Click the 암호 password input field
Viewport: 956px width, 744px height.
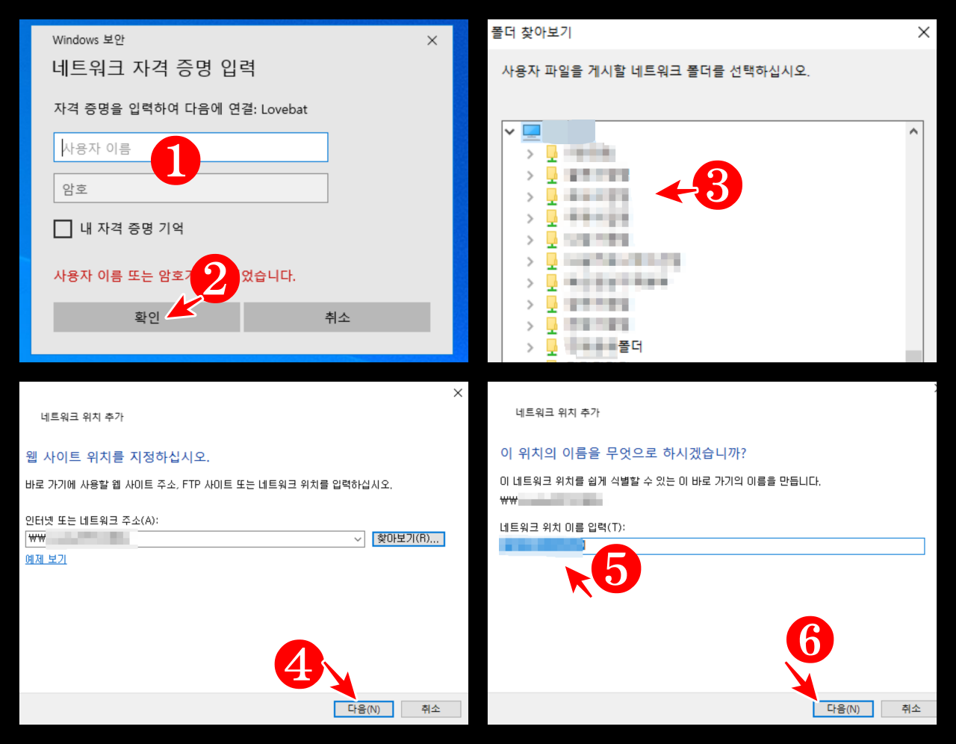(x=190, y=188)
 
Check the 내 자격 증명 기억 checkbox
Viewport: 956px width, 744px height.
(x=63, y=229)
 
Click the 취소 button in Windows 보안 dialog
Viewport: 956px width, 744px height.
(x=337, y=317)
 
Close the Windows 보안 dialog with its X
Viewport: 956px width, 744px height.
(x=432, y=40)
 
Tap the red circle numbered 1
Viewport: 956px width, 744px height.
(x=176, y=160)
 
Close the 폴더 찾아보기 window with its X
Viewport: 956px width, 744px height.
(x=923, y=32)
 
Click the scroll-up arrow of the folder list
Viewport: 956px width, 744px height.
(x=913, y=131)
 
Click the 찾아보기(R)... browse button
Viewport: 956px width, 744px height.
(x=409, y=539)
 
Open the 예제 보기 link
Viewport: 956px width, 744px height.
(x=46, y=559)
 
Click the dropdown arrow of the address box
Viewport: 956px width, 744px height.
(x=358, y=539)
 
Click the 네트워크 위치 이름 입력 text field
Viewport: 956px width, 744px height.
(x=747, y=546)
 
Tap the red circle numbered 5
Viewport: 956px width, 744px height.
(x=615, y=568)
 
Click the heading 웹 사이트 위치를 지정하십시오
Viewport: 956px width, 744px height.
(x=118, y=456)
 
